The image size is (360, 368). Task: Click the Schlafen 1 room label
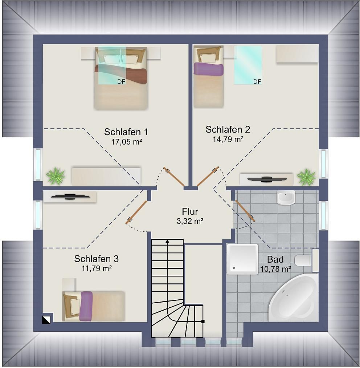pyautogui.click(x=126, y=132)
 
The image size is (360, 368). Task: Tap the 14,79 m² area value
pyautogui.click(x=228, y=139)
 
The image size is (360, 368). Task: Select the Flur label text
pyautogui.click(x=190, y=211)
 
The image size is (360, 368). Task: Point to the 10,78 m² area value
pyautogui.click(x=275, y=269)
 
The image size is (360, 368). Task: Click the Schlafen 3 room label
pyautogui.click(x=97, y=259)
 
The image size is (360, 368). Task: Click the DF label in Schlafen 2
pyautogui.click(x=257, y=82)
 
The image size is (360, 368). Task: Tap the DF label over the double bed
pyautogui.click(x=121, y=82)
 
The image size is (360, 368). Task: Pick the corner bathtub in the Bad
pyautogui.click(x=294, y=298)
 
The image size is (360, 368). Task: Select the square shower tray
pyautogui.click(x=242, y=259)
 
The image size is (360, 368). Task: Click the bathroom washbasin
pyautogui.click(x=286, y=197)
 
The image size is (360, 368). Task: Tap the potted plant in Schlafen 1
pyautogui.click(x=56, y=176)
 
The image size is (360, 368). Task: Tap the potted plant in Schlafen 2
pyautogui.click(x=306, y=177)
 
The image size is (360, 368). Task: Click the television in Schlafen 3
pyautogui.click(x=70, y=197)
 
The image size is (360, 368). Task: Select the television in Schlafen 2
pyautogui.click(x=267, y=179)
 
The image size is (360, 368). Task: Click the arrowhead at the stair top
pyautogui.click(x=167, y=241)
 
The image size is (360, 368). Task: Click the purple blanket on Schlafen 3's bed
pyautogui.click(x=86, y=306)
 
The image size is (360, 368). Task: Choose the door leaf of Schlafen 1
pyautogui.click(x=174, y=177)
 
